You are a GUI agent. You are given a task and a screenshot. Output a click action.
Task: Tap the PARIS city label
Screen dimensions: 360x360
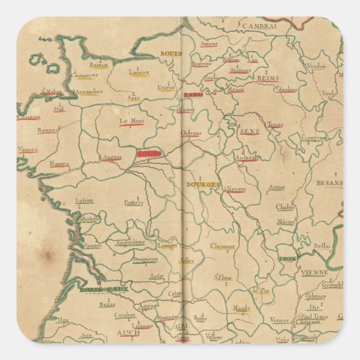[x=192, y=95]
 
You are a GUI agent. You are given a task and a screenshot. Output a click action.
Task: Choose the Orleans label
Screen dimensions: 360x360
[x=191, y=132]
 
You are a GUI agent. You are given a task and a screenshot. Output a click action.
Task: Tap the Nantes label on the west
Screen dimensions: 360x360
[x=59, y=163]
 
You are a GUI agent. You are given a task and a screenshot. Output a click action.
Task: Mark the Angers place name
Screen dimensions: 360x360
[x=112, y=158]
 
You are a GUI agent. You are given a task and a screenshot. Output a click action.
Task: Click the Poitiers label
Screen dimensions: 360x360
[x=134, y=202]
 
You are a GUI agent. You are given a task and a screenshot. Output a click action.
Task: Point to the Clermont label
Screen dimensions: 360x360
[x=222, y=246]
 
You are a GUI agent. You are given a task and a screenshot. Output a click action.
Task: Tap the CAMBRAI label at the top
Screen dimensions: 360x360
[x=259, y=26]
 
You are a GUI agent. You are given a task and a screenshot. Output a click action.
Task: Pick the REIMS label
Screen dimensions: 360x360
[x=268, y=79]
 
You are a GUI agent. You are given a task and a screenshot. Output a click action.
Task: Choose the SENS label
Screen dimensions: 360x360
[x=249, y=131]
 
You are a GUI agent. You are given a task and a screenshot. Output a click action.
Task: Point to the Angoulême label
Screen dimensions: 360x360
[x=130, y=242]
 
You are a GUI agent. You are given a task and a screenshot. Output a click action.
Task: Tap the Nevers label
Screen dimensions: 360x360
[x=236, y=189]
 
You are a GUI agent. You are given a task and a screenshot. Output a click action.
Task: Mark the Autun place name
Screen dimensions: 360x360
[x=276, y=187]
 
